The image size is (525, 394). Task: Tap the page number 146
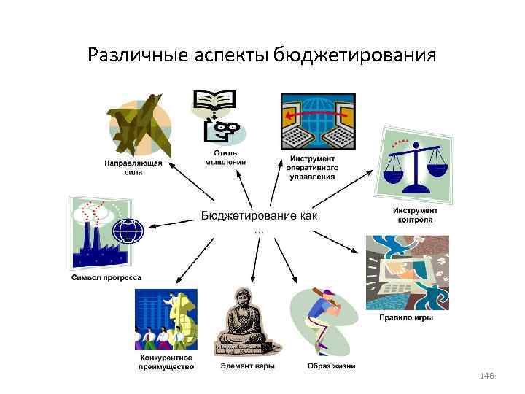click(488, 375)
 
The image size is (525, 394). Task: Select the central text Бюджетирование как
click(260, 216)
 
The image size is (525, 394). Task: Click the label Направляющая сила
click(133, 167)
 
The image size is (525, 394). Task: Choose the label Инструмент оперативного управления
click(313, 167)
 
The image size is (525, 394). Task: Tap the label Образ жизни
click(331, 366)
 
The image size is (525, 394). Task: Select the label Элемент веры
click(248, 366)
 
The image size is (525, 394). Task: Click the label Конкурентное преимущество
click(166, 362)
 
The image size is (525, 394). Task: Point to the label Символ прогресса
click(106, 277)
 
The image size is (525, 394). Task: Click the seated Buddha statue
click(246, 325)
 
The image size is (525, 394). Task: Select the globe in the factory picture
click(130, 231)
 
